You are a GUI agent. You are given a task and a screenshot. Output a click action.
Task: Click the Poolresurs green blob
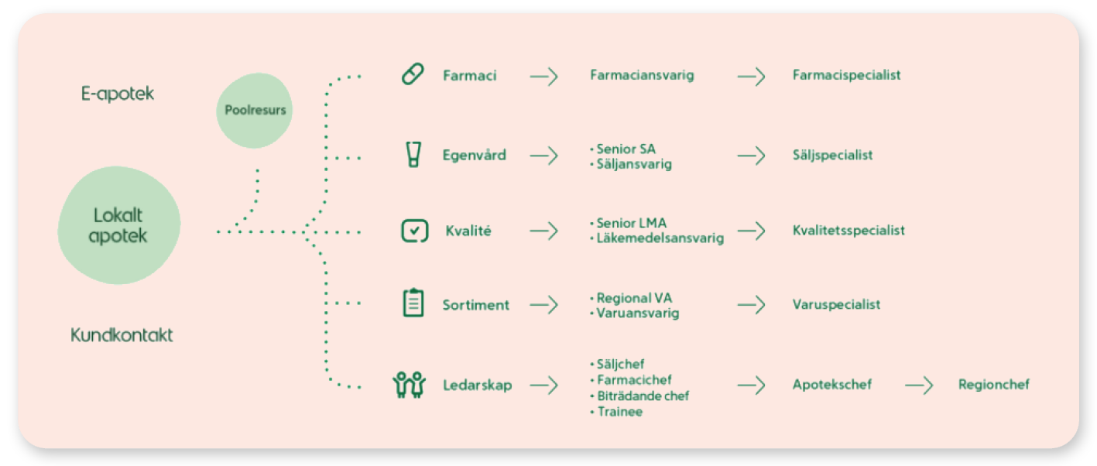(255, 111)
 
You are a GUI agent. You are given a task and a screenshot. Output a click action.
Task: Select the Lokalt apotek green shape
(118, 224)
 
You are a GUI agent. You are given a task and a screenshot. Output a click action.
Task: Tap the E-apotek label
(118, 94)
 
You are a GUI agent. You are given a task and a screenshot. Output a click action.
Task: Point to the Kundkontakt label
(122, 335)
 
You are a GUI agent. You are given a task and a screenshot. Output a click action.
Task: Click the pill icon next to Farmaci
(413, 75)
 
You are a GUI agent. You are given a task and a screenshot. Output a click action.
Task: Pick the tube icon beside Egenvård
(413, 155)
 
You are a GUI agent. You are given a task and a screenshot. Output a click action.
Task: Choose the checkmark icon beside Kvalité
(414, 231)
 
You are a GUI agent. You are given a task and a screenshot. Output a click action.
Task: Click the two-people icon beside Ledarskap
(410, 385)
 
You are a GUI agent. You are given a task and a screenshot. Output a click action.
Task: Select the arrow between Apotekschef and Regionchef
(919, 385)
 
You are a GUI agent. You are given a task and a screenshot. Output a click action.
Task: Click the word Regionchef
(993, 385)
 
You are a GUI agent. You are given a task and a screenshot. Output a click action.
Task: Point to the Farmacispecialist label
(846, 75)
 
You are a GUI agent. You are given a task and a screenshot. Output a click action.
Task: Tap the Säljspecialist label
(832, 155)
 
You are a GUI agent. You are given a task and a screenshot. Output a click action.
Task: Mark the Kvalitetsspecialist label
(848, 230)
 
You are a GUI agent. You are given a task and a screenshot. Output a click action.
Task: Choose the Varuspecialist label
(836, 304)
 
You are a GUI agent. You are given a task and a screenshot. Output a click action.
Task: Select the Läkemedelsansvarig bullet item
(660, 238)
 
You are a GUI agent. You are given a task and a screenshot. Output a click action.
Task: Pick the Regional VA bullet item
(634, 298)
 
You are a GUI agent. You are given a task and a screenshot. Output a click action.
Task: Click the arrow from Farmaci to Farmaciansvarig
(543, 76)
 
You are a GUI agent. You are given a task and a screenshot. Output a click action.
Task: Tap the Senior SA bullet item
(626, 149)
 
